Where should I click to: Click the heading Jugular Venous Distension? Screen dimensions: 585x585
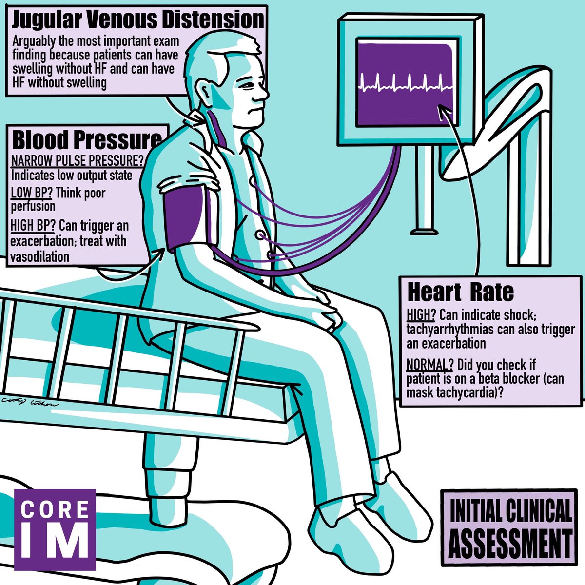point(138,20)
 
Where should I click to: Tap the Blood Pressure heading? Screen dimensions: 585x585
point(86,140)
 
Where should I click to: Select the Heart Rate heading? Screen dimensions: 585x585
point(460,292)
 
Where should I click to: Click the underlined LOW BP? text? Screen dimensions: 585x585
point(31,193)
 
